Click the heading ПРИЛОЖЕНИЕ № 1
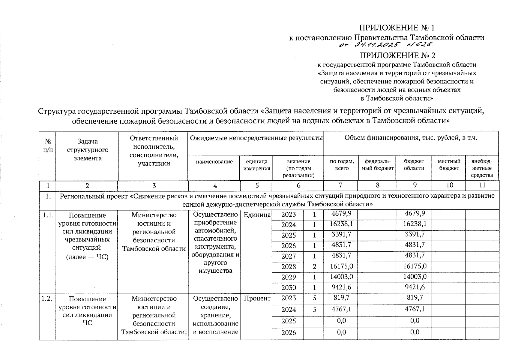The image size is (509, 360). click(397, 28)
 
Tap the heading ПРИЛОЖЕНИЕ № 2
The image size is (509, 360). click(397, 55)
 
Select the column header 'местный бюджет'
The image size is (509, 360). click(449, 165)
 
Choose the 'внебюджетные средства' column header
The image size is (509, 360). click(482, 168)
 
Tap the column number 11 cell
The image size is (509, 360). click(482, 185)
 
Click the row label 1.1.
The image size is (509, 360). click(47, 215)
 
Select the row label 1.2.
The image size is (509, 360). click(47, 298)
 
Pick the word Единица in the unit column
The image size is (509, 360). click(257, 215)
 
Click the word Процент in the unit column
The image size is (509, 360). click(257, 298)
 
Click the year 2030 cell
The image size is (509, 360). click(289, 288)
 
